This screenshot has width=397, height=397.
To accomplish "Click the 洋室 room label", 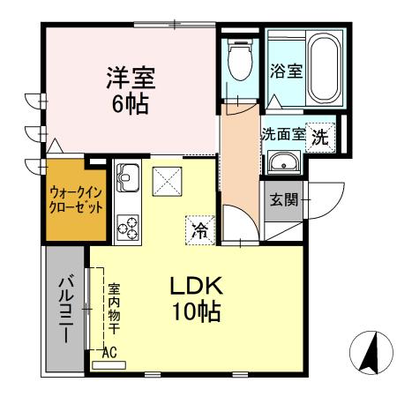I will click(131, 76).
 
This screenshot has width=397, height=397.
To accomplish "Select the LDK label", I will click(198, 287).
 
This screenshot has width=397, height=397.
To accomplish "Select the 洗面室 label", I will click(282, 136).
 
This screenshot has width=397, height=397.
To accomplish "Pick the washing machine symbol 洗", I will click(322, 137).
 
